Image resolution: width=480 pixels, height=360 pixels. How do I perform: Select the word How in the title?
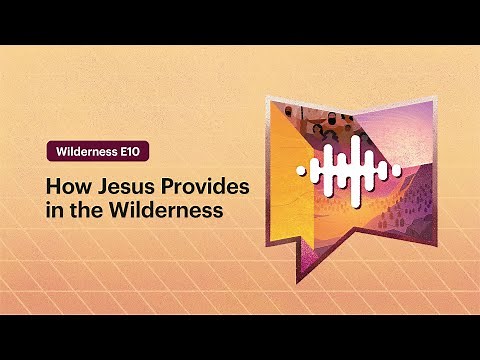[x=65, y=187]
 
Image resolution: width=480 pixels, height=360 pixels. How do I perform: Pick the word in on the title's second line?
[x=53, y=211]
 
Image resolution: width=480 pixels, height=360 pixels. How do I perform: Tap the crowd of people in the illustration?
[x=315, y=122]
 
